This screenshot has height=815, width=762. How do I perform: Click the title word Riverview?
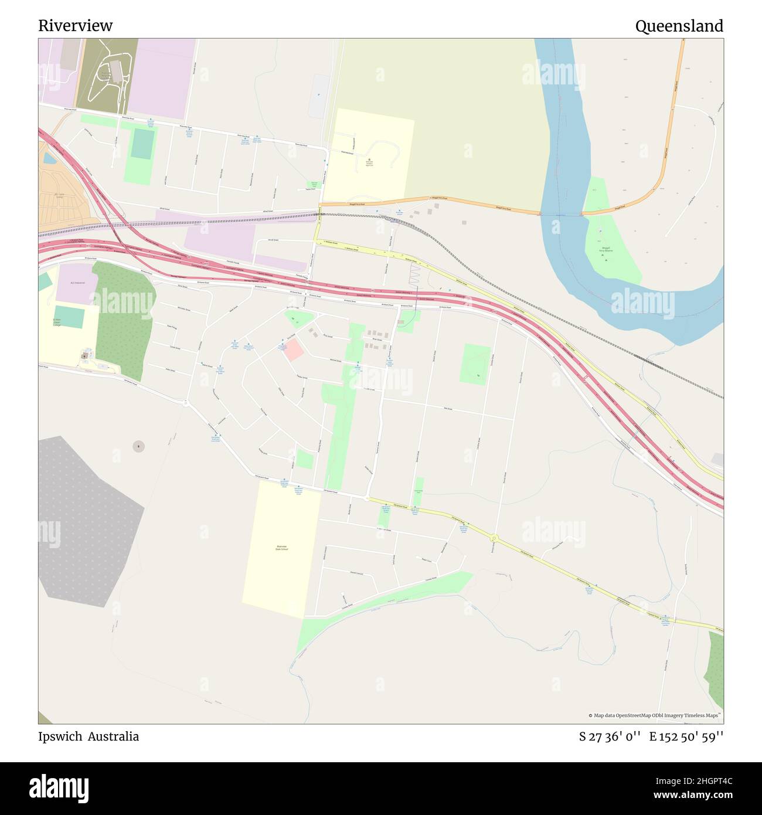click(x=75, y=26)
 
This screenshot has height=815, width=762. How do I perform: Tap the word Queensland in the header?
click(x=679, y=26)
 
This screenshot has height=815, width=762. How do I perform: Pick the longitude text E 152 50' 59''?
click(x=686, y=736)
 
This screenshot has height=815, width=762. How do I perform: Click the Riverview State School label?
click(x=283, y=548)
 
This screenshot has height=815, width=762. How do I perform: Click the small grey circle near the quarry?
click(x=138, y=447)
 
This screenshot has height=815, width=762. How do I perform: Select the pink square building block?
click(x=294, y=350)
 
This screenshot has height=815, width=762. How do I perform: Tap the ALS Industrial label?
click(x=77, y=283)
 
